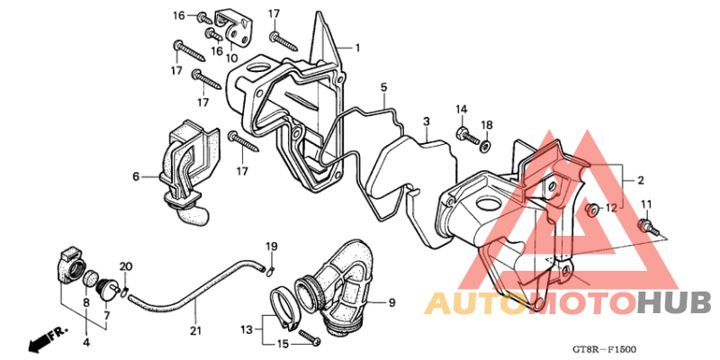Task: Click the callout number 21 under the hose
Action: tap(195, 330)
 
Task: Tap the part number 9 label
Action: tap(391, 302)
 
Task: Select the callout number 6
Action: tap(136, 176)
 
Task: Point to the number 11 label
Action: tap(646, 204)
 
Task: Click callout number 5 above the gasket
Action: tap(383, 86)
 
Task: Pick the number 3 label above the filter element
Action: tap(427, 121)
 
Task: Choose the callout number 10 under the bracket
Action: tap(232, 58)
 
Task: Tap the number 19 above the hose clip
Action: tap(272, 246)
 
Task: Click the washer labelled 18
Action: tap(484, 147)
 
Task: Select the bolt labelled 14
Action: tap(467, 136)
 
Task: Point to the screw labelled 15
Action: tap(310, 338)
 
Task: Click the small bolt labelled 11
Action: tap(645, 228)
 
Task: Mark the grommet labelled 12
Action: tap(593, 211)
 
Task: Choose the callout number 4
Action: tap(86, 342)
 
